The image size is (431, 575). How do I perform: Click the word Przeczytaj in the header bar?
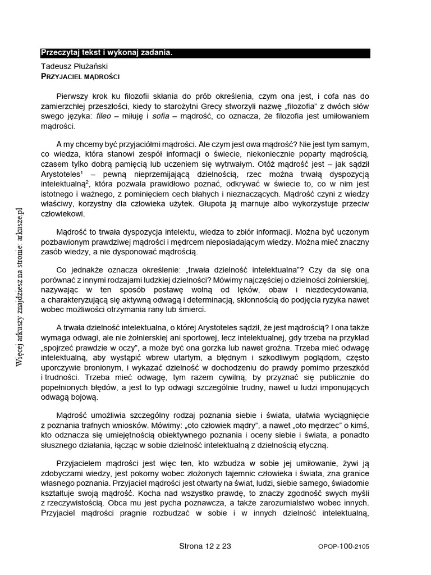point(60,53)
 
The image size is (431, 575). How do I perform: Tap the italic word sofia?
point(162,116)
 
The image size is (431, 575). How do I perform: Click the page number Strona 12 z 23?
point(205,545)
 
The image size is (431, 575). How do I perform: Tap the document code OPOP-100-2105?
point(343,546)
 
